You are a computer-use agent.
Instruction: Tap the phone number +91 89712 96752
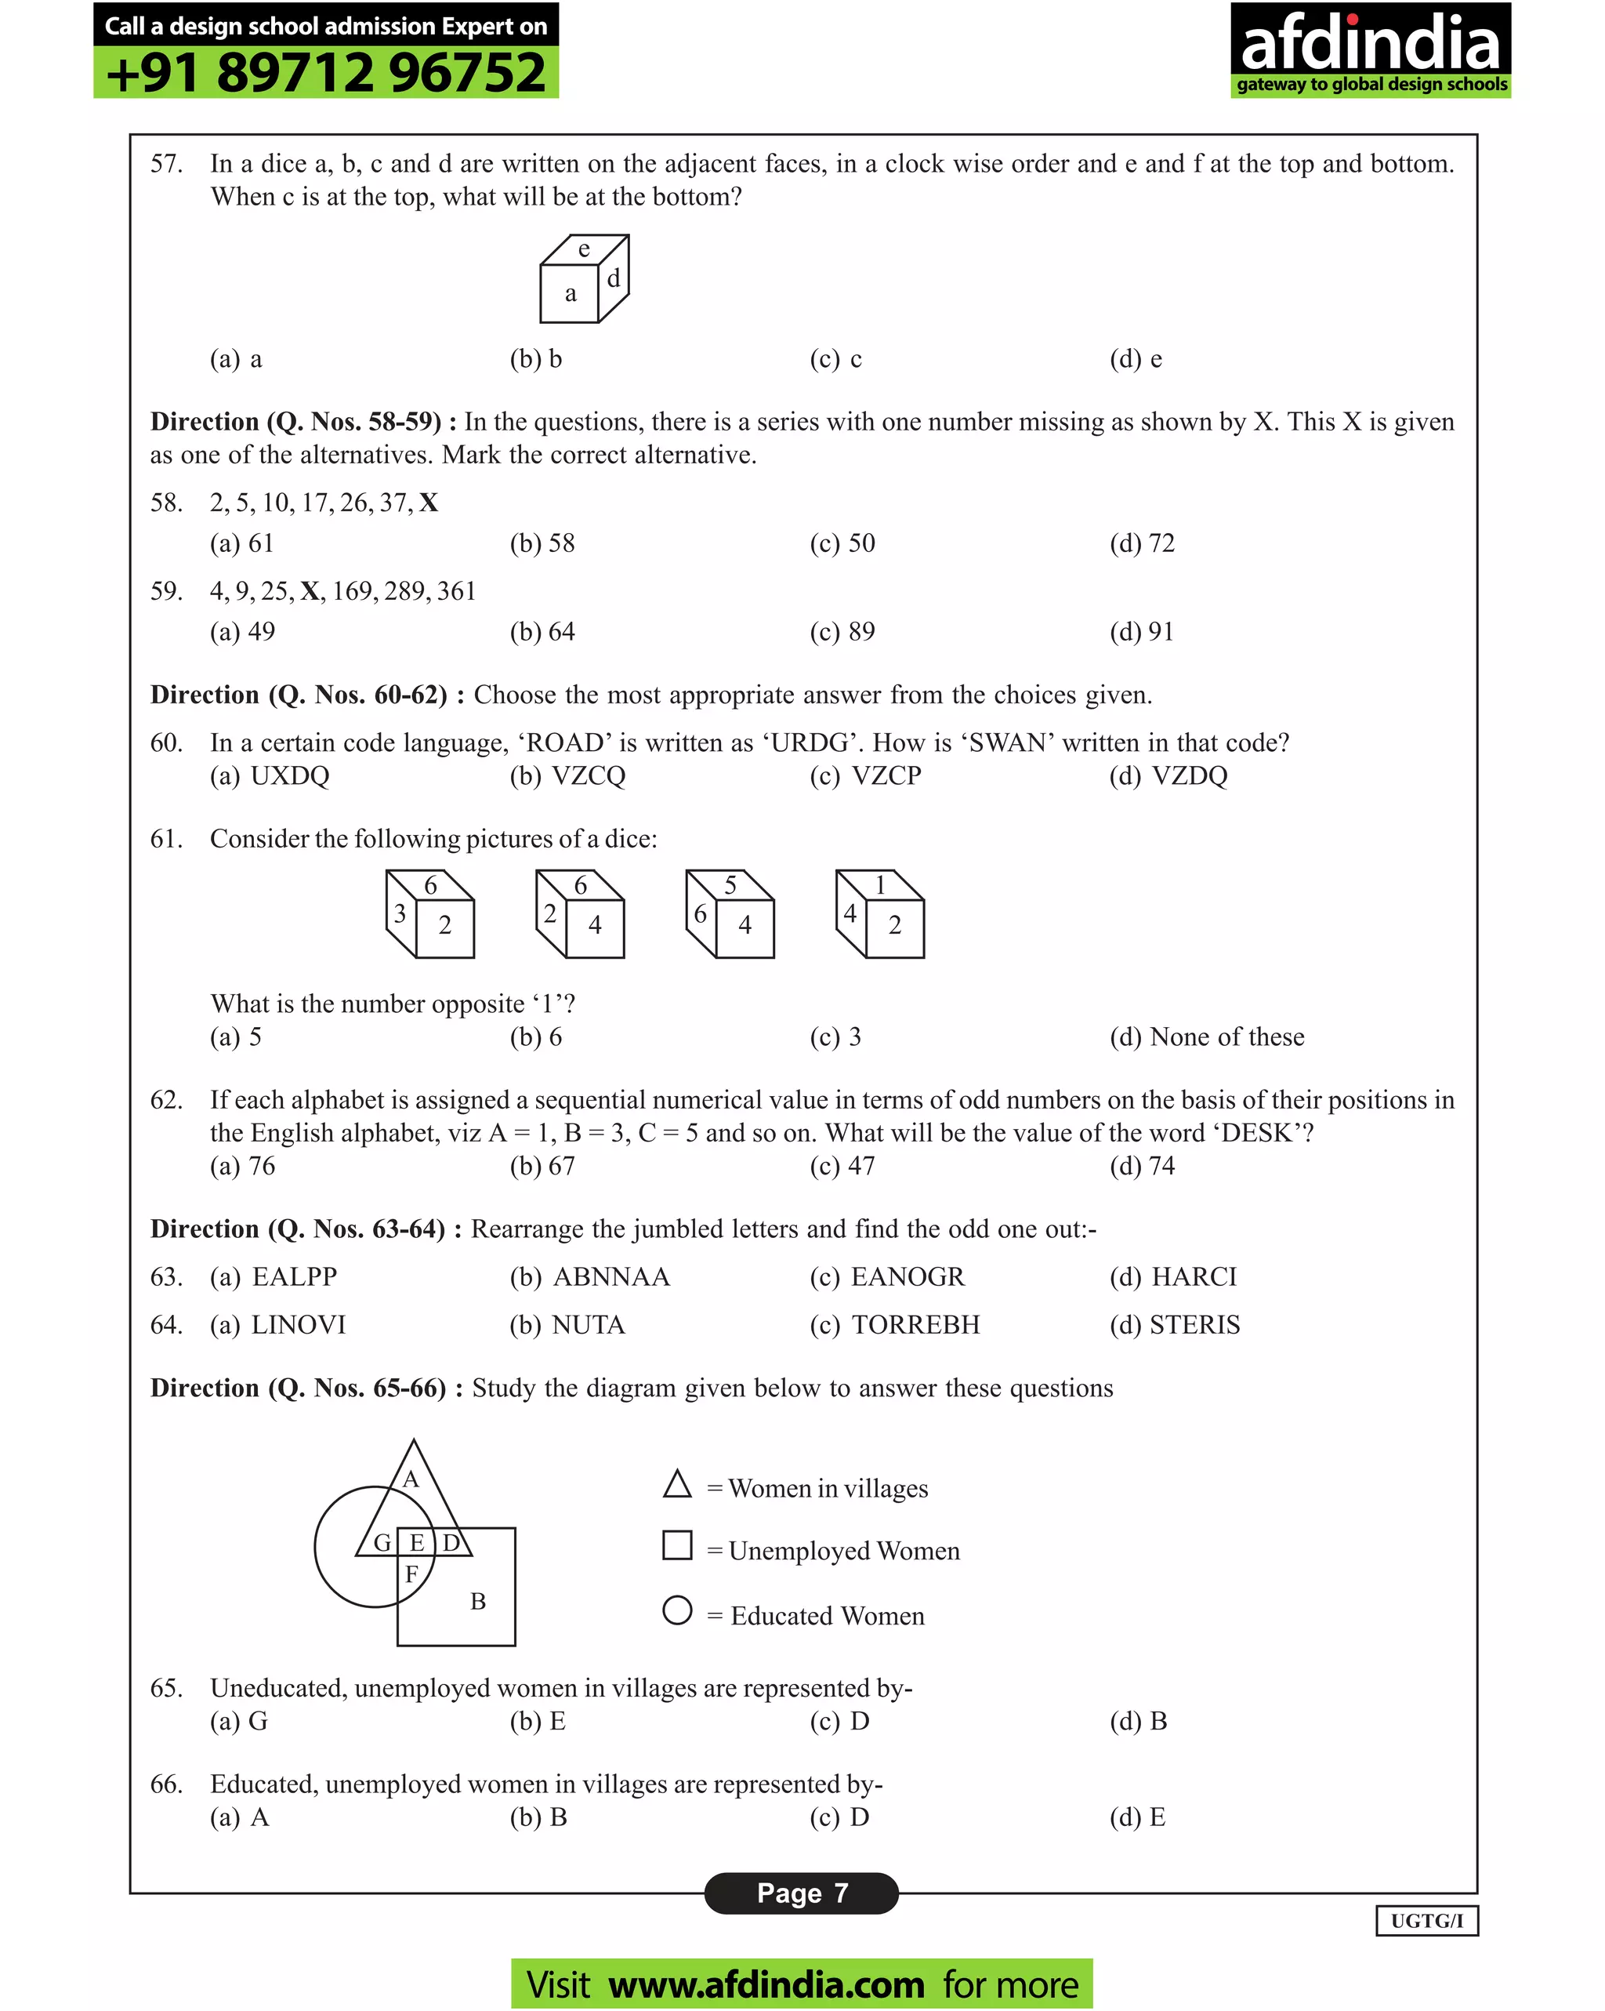325,74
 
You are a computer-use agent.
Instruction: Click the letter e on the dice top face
584,249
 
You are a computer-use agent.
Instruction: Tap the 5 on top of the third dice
730,884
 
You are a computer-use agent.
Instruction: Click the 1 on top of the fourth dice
879,884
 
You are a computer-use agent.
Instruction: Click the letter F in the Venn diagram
411,1574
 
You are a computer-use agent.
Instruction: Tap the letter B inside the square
477,1602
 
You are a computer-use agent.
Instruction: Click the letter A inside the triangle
411,1479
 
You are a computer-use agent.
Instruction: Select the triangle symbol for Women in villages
677,1485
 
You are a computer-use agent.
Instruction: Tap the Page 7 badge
801,1893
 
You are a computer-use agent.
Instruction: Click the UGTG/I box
1426,1921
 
